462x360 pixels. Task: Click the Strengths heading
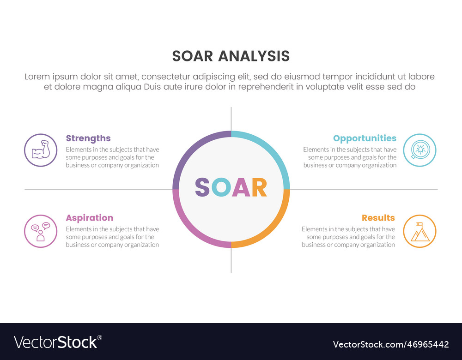(x=88, y=138)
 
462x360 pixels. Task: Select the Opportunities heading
(x=365, y=138)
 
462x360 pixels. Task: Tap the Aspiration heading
(x=90, y=218)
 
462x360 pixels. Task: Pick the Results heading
(x=378, y=218)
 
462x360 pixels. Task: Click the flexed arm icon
(x=41, y=150)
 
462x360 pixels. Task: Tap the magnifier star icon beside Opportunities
(x=419, y=150)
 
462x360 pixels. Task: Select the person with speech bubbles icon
(x=41, y=231)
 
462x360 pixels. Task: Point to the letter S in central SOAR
(x=202, y=187)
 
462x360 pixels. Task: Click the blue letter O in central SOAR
(x=221, y=187)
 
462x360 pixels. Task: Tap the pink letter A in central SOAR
(x=241, y=187)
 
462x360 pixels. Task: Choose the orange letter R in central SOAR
(x=259, y=187)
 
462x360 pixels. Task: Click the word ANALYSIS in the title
(x=254, y=56)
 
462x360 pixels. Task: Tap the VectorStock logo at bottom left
(x=58, y=342)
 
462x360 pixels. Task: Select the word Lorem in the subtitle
(x=37, y=77)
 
